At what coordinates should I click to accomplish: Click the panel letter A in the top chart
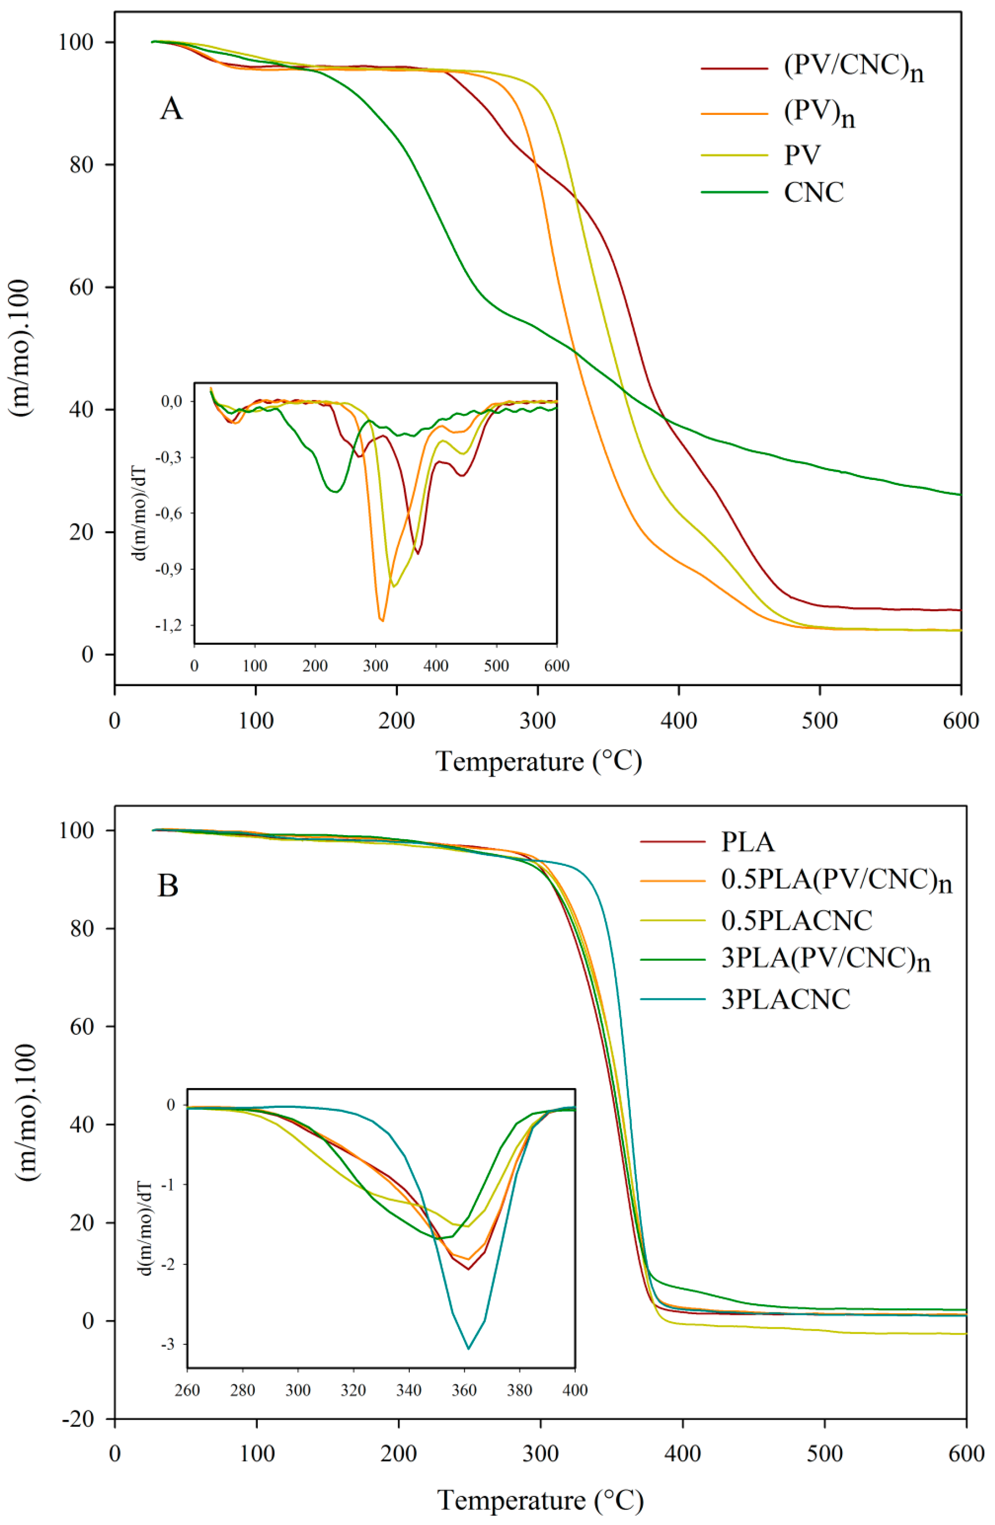[x=171, y=109]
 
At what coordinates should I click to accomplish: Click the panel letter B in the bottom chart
[x=168, y=886]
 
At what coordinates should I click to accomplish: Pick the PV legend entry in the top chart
[x=802, y=154]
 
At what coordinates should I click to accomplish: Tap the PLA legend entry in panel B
[x=748, y=842]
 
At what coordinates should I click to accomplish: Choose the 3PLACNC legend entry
[x=786, y=999]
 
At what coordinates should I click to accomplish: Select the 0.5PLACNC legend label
[x=796, y=921]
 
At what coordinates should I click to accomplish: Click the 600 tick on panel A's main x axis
[x=961, y=721]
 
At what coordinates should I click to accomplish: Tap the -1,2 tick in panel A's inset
[x=168, y=625]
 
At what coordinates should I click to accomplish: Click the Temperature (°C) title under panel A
[x=539, y=762]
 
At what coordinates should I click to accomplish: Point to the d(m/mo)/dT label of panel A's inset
[x=142, y=513]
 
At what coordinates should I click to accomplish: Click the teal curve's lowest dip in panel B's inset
[x=469, y=1348]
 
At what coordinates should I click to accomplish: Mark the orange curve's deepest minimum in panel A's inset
[x=382, y=620]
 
